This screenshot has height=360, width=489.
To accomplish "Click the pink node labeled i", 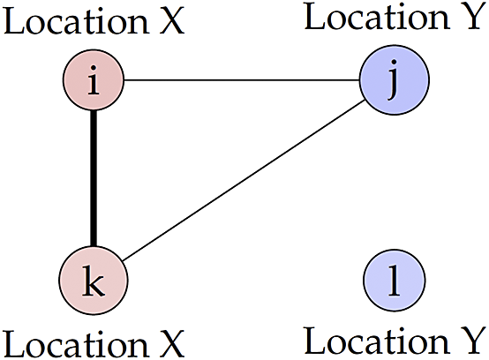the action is (x=94, y=80).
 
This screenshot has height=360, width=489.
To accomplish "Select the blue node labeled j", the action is (x=395, y=80).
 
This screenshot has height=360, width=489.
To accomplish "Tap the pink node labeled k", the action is (x=94, y=281).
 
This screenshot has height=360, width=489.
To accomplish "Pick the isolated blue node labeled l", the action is (x=395, y=281).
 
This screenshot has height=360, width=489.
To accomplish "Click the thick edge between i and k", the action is (x=94, y=178).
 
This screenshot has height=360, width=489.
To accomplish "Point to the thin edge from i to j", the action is (x=242, y=80).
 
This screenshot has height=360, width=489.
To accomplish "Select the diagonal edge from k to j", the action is (x=244, y=181).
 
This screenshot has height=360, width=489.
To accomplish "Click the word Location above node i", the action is (x=76, y=21).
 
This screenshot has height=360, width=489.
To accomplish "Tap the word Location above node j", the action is (x=377, y=17).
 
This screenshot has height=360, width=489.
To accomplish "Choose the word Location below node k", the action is (x=76, y=344).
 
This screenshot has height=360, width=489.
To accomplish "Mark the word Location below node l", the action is (x=376, y=341).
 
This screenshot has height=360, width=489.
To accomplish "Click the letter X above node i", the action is (x=172, y=21).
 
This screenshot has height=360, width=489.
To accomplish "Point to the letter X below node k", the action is (x=172, y=344).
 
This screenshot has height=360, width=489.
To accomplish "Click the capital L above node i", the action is (x=14, y=21).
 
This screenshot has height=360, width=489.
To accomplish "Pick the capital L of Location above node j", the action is (x=314, y=17).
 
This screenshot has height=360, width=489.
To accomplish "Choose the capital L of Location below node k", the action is (x=14, y=344).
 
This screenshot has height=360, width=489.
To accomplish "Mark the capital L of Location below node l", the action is (x=314, y=341).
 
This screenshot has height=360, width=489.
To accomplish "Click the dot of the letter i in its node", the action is (x=94, y=68).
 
